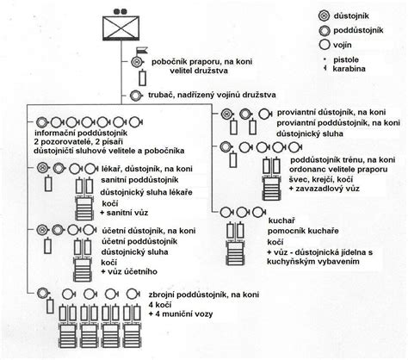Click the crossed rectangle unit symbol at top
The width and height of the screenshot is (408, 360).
coord(121,28)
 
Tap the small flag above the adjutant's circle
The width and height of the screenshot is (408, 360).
coord(142,51)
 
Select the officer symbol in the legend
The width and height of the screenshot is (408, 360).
coord(324,16)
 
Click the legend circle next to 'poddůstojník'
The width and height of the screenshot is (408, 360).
coord(324,30)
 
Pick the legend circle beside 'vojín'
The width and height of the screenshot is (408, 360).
coord(324,45)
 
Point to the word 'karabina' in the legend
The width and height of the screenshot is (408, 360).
coord(349,69)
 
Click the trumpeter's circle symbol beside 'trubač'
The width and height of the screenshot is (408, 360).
coord(135,96)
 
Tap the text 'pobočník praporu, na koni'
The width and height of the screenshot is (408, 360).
coord(202,62)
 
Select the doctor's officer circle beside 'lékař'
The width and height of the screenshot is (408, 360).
coord(42,168)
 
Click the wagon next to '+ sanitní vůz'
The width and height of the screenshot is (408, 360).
coord(84,199)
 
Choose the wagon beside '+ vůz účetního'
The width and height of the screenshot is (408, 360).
coord(83,260)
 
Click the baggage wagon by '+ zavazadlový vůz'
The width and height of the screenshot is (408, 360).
coord(271,178)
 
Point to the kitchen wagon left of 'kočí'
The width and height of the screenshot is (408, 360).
coord(235,244)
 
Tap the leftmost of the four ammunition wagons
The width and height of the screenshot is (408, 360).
coord(68,326)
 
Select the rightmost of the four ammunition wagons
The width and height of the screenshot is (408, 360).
coord(132,326)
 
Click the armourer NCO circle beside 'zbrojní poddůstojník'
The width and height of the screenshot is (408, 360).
coord(43,293)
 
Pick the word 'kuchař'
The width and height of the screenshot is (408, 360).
coord(278,220)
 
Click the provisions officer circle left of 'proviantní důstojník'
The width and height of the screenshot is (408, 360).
coord(226,114)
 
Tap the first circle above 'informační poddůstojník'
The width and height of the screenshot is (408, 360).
coord(41,122)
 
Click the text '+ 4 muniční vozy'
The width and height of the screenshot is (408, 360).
coord(181,313)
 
